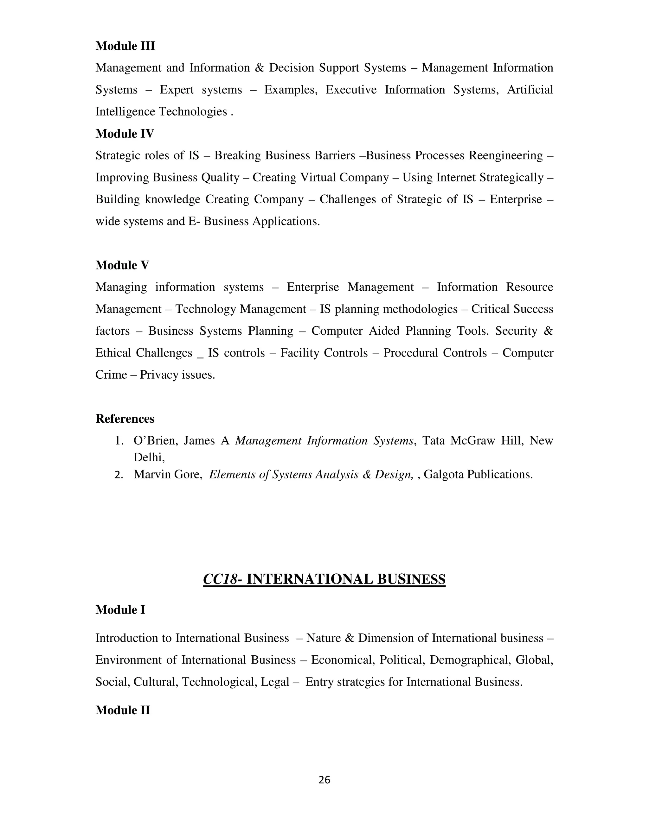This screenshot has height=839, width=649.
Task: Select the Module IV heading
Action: click(125, 133)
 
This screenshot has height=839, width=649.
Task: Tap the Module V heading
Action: click(122, 265)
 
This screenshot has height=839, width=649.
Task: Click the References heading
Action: click(125, 418)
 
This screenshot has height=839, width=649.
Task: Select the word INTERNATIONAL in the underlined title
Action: click(309, 579)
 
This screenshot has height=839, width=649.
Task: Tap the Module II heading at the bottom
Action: click(122, 710)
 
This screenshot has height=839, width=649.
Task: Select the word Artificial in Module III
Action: click(530, 90)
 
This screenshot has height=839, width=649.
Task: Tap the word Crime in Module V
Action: click(111, 375)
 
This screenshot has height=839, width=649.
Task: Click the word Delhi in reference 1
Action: click(148, 457)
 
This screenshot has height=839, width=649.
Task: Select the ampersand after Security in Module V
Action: click(548, 331)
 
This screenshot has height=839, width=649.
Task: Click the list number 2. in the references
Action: click(119, 475)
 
